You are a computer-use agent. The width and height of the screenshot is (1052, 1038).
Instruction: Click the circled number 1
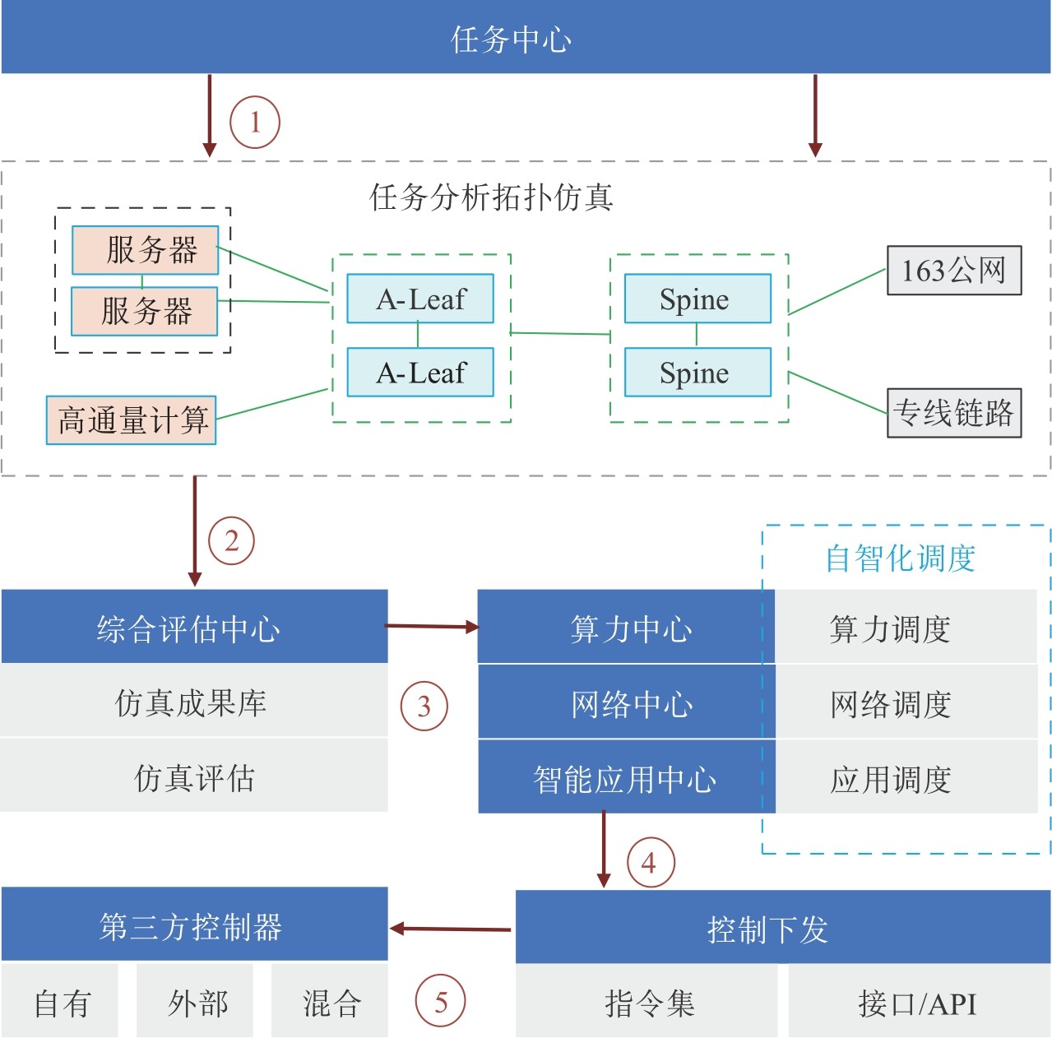[x=255, y=123]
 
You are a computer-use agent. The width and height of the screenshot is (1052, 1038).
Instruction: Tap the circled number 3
[x=424, y=706]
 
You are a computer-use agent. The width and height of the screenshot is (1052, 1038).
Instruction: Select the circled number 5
[x=441, y=1002]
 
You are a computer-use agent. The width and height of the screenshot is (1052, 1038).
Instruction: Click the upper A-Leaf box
[x=420, y=299]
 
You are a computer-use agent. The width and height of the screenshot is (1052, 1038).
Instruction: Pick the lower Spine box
[x=697, y=373]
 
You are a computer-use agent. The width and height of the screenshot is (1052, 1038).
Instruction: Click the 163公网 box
[x=954, y=271]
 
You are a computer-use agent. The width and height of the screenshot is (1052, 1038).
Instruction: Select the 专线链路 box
[x=954, y=413]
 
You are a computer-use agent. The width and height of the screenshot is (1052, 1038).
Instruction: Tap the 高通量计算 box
[x=132, y=420]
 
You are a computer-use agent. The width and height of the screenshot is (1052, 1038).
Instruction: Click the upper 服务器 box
[x=146, y=250]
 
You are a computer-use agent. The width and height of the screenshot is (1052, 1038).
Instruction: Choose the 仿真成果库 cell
[x=194, y=702]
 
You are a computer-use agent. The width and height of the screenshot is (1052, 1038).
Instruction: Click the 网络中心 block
[x=627, y=703]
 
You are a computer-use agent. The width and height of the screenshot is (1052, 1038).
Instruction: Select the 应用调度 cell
[x=892, y=779]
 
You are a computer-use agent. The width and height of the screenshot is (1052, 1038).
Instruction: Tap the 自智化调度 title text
[x=901, y=558]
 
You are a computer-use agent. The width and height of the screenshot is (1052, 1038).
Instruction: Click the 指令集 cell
[x=647, y=1003]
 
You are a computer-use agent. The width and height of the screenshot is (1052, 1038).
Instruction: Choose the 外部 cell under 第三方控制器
[x=197, y=1003]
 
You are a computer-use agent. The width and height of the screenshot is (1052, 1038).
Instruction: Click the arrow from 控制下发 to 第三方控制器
[x=452, y=929]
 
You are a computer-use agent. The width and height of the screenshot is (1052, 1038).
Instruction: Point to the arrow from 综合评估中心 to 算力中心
[x=433, y=627]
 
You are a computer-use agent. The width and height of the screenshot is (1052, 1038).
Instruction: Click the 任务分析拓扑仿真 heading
[x=491, y=197]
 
